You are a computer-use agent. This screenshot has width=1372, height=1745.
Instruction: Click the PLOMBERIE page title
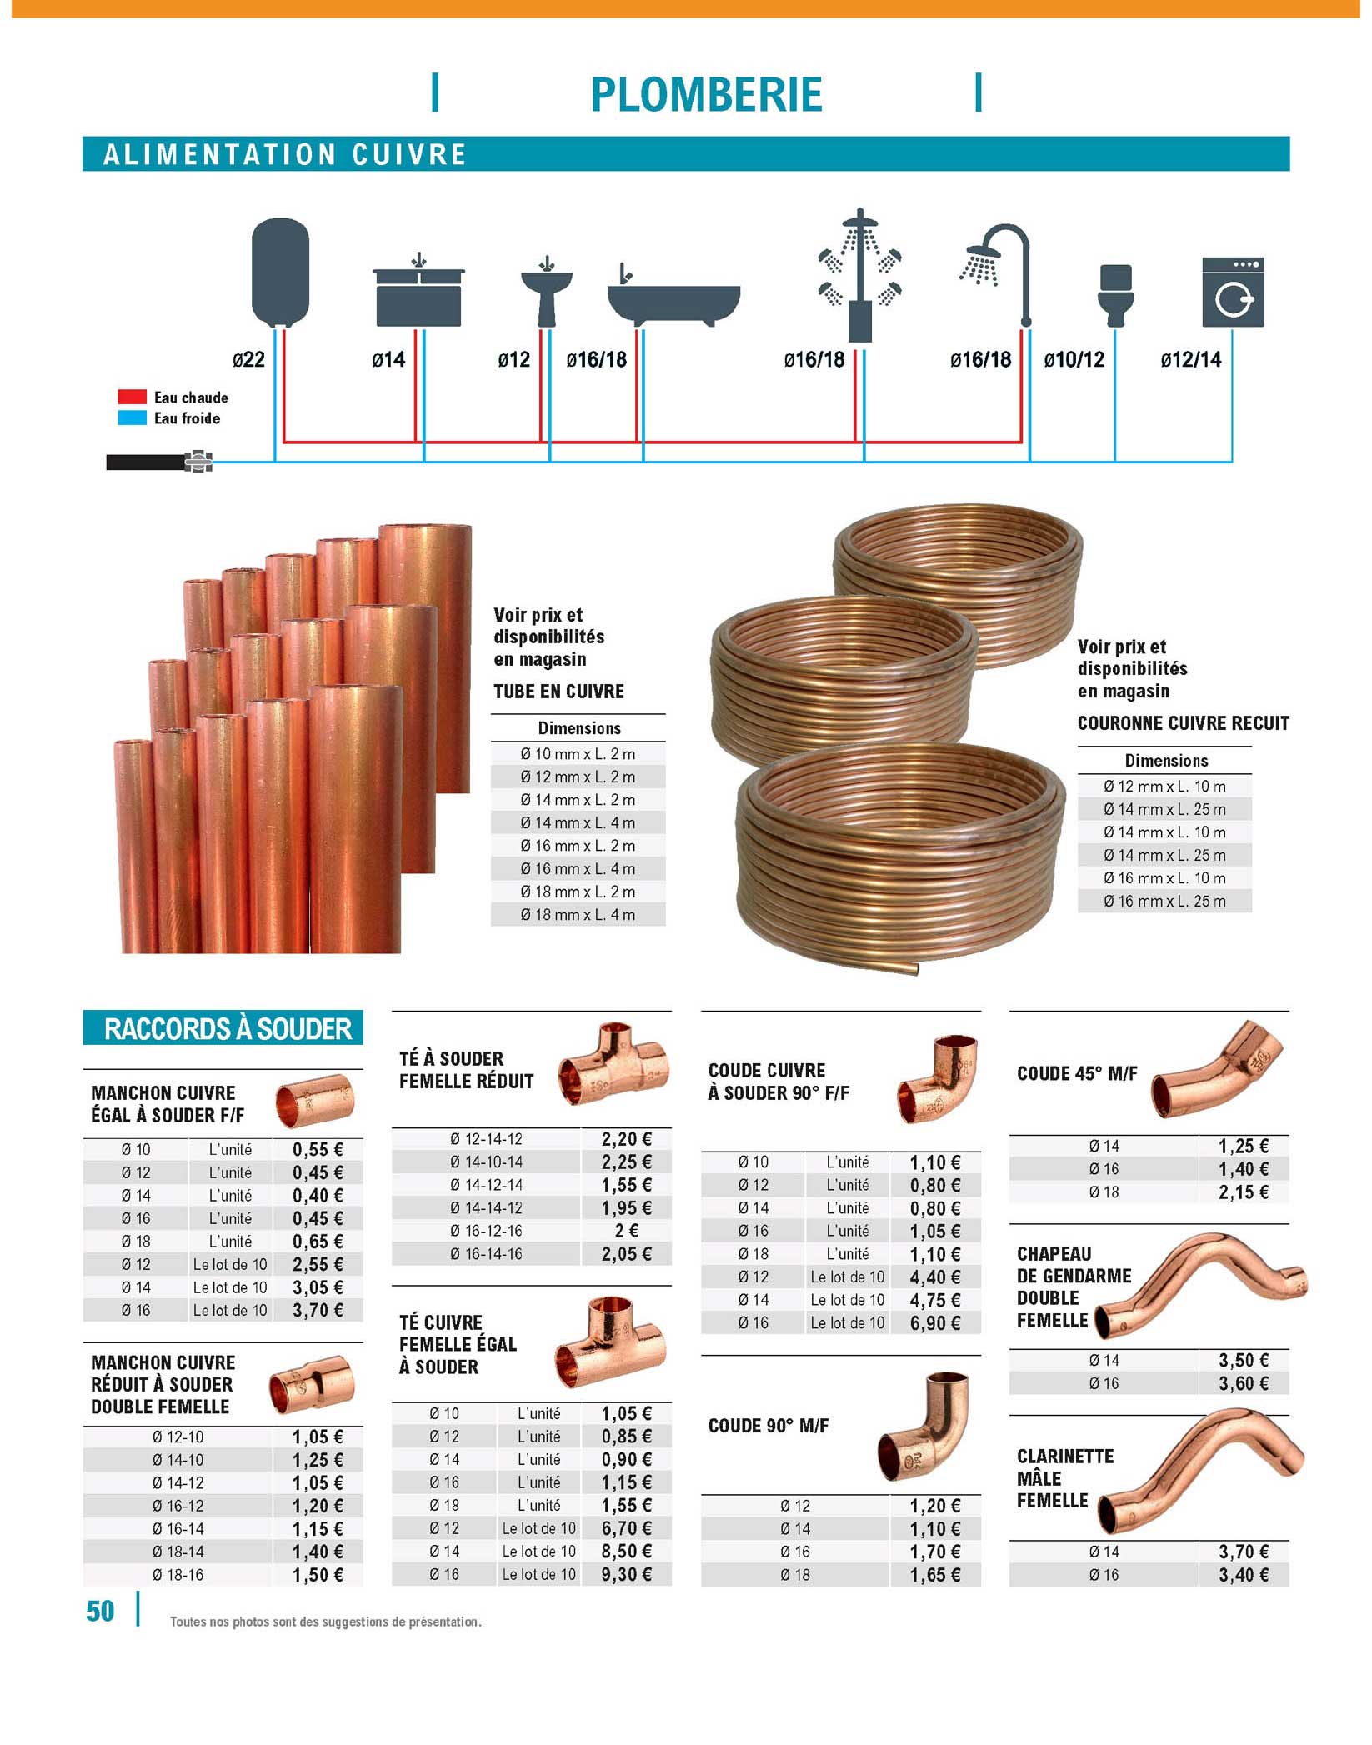coord(705,94)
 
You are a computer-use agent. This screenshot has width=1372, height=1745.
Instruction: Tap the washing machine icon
coord(1232,292)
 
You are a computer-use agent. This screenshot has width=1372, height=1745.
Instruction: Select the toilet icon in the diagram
coord(1115,295)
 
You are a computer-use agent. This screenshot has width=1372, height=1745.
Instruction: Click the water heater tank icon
coord(280,272)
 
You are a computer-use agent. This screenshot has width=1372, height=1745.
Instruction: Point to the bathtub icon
coord(673,302)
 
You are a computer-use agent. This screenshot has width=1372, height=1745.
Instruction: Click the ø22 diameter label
coord(248,359)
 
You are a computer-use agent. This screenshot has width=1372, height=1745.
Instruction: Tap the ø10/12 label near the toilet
coord(1074,359)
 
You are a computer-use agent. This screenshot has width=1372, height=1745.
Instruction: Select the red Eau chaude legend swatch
coord(132,397)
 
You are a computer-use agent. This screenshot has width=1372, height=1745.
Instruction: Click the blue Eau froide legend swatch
coord(132,418)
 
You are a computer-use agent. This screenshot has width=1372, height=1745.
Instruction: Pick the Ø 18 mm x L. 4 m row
coord(578,914)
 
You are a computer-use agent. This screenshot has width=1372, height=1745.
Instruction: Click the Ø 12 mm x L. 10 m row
coord(1164,786)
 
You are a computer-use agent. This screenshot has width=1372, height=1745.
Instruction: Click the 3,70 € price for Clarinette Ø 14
coord(1243,1551)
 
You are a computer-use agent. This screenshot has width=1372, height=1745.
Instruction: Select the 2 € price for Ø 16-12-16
coord(626,1231)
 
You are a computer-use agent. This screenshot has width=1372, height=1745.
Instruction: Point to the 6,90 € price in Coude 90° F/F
coord(934,1322)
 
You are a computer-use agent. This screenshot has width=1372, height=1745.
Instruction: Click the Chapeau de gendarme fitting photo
coord(1200,1284)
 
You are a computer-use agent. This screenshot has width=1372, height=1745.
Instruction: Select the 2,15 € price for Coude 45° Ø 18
coord(1243,1192)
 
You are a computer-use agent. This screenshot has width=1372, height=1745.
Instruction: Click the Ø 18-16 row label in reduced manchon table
coord(178,1574)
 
